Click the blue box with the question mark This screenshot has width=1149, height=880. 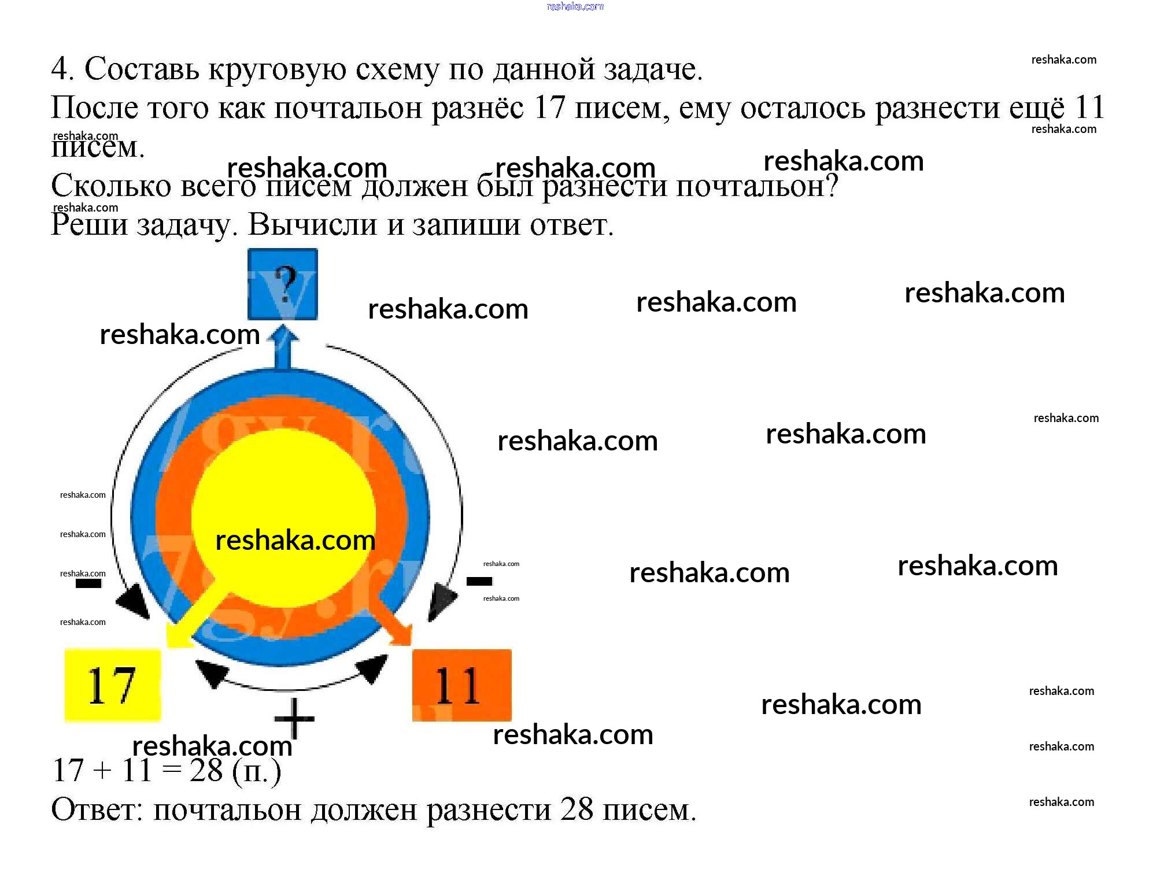tap(282, 284)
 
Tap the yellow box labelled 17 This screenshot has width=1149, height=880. tap(112, 685)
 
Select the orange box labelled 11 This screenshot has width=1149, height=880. tap(461, 685)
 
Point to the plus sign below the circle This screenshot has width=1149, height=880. tap(294, 719)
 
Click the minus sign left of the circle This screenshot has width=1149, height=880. tap(88, 583)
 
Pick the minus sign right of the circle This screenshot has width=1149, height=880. tap(479, 580)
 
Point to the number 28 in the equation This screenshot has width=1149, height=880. tap(206, 770)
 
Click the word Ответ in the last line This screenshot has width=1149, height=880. tap(97, 809)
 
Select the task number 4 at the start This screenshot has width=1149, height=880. tap(60, 69)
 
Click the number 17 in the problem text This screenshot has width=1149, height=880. tap(549, 108)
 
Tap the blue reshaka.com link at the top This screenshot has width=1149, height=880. tap(575, 6)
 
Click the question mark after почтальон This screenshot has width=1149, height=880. tap(832, 186)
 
